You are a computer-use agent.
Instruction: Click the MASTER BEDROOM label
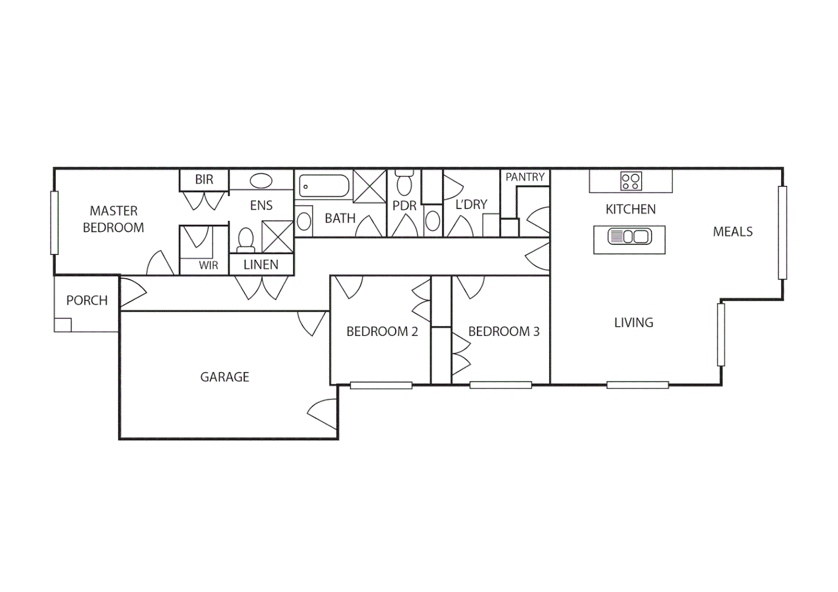114,219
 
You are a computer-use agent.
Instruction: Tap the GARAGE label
224,377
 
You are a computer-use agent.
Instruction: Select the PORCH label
87,300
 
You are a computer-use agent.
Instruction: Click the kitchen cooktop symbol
631,181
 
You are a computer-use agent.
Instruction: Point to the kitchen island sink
630,237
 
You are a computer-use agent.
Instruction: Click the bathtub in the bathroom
325,186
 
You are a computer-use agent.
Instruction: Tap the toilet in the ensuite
246,240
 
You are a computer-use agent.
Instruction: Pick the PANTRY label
525,177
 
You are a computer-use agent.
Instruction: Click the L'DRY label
471,204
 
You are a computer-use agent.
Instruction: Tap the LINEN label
261,265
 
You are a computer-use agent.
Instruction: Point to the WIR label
208,266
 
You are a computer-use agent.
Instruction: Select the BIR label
204,179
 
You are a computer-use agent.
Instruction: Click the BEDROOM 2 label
382,332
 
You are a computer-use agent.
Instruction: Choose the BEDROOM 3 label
503,332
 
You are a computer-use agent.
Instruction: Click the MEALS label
733,232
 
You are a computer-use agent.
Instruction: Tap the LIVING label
633,323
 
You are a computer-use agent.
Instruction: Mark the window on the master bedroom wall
54,223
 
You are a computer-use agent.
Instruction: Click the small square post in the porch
63,325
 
